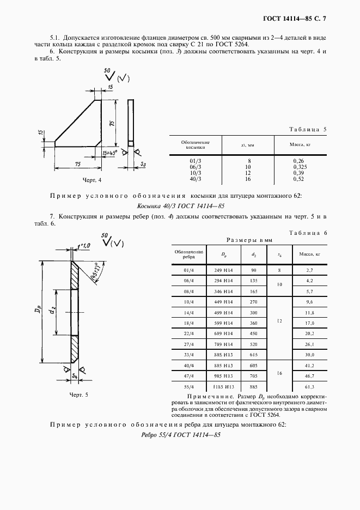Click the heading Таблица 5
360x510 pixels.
pos(306,129)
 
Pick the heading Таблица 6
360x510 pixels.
pos(308,233)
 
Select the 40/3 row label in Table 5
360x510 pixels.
pos(195,179)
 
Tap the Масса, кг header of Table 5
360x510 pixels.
pos(300,145)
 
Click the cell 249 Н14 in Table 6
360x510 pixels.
pos(224,270)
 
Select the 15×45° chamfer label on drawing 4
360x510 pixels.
pos(109,153)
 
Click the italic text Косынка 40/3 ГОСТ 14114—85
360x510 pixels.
pos(180,207)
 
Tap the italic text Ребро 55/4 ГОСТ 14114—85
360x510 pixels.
pos(180,434)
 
